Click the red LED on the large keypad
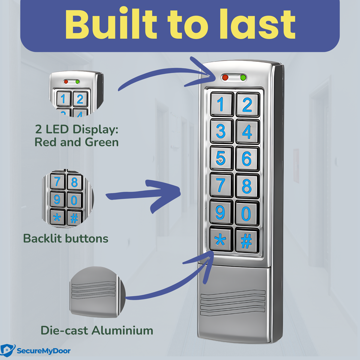tap(225, 78)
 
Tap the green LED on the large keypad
tap(243, 78)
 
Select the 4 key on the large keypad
tap(247, 131)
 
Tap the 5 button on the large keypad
tap(221, 158)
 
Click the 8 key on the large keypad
tap(247, 186)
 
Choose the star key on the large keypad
tap(221, 240)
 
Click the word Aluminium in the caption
tap(122, 330)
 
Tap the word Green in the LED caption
tap(102, 142)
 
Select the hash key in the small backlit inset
tap(74, 217)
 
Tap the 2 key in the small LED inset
tap(79, 99)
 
